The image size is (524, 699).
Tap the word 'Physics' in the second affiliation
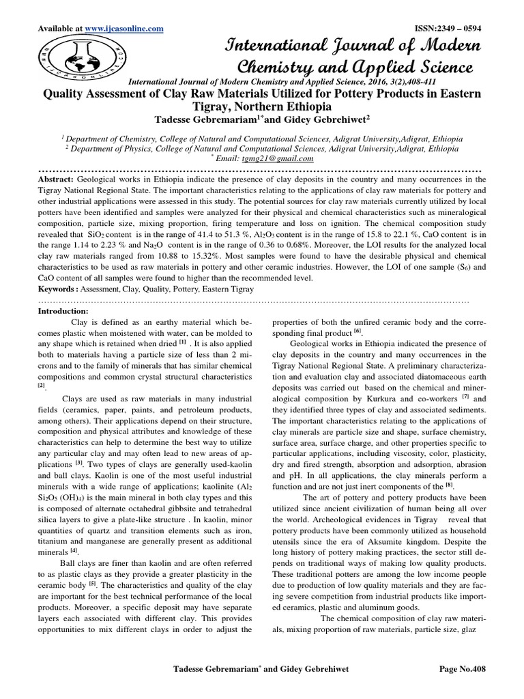click(119, 147)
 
